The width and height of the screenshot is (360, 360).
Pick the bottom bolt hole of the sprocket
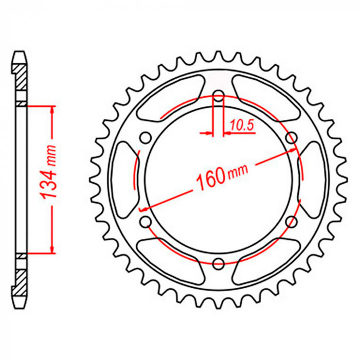(x=219, y=263)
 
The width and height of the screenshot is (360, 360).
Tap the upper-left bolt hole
(x=146, y=138)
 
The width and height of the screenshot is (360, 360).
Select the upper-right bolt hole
(x=291, y=138)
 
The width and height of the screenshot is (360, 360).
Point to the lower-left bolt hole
(x=146, y=222)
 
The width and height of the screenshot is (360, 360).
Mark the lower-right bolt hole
(x=291, y=222)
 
